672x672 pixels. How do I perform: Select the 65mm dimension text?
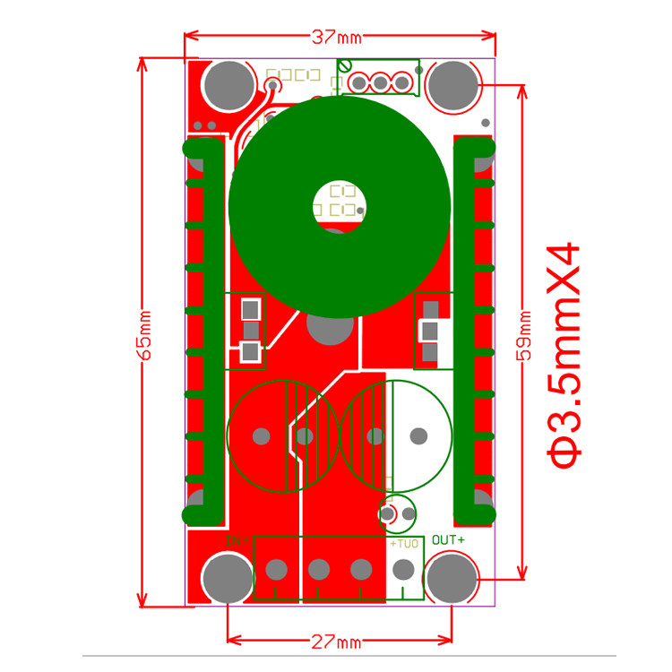click(x=144, y=334)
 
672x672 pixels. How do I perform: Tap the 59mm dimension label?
click(x=525, y=336)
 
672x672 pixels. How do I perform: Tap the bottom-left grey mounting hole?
click(x=228, y=577)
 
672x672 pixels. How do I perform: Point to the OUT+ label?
click(x=448, y=540)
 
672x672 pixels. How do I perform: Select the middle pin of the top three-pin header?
click(x=380, y=83)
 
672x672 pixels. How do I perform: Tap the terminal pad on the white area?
click(x=404, y=569)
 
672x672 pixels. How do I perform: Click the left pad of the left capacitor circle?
click(x=261, y=436)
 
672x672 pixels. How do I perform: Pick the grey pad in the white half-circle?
click(x=418, y=436)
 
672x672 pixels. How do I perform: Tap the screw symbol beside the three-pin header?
click(x=345, y=65)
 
